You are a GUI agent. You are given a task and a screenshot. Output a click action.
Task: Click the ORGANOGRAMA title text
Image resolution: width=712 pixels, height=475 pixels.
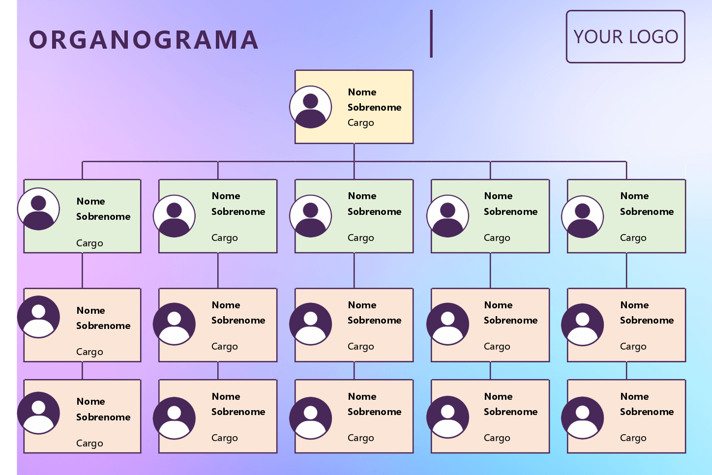click(x=144, y=40)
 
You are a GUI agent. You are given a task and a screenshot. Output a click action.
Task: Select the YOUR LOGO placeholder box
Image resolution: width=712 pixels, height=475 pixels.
click(x=625, y=37)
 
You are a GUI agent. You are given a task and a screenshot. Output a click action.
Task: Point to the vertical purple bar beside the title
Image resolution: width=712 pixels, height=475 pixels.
click(x=431, y=33)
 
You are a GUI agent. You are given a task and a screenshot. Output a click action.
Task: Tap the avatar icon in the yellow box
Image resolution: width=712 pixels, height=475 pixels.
click(x=311, y=107)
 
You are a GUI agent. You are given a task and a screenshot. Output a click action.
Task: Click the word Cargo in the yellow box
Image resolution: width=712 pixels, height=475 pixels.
click(x=361, y=123)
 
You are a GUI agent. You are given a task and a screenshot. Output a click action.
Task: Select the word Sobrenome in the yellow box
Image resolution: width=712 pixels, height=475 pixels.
click(x=374, y=107)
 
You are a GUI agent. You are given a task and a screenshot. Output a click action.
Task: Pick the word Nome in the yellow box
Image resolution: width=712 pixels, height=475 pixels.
click(x=362, y=92)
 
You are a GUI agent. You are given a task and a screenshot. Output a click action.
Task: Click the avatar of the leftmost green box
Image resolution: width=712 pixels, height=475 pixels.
click(x=38, y=209)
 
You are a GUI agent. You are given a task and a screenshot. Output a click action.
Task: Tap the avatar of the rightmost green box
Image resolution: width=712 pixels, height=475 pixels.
click(x=583, y=217)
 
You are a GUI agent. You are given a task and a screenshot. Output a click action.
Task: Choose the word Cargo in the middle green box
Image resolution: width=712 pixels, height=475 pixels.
click(x=361, y=238)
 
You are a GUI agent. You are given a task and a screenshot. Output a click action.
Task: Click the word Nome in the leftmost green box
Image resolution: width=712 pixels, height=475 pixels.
click(x=90, y=201)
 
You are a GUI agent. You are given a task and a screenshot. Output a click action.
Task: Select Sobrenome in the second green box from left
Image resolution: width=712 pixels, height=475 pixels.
click(x=238, y=211)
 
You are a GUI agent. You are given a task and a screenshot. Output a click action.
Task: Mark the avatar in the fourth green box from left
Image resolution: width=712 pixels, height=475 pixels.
click(x=447, y=216)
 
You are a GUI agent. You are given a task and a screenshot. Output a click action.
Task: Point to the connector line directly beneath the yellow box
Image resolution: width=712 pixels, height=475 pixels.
click(x=354, y=152)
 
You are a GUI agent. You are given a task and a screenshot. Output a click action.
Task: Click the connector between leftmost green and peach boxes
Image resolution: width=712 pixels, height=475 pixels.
click(x=82, y=270)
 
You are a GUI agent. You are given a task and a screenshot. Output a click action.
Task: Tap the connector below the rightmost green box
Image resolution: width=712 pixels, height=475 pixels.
click(x=626, y=270)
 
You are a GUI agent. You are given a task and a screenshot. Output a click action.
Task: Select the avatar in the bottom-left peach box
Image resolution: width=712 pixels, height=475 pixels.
click(x=38, y=413)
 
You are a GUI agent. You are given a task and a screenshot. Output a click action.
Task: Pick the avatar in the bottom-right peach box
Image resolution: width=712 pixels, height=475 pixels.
click(x=583, y=418)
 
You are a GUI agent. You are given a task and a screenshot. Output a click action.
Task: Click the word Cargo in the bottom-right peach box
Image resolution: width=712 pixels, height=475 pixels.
click(x=633, y=438)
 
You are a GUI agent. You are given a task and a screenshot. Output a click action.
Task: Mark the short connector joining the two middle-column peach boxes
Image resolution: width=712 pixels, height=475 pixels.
click(x=354, y=371)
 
